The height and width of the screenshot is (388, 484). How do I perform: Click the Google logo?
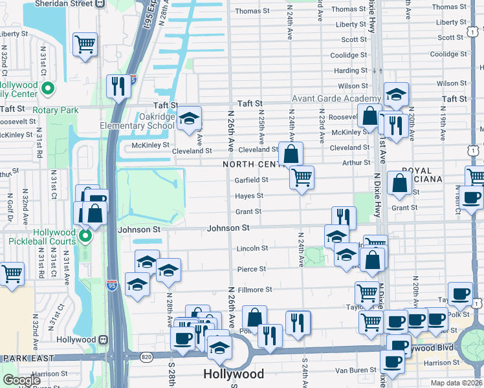click(x=21, y=380)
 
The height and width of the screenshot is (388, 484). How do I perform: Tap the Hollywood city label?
click(x=234, y=374)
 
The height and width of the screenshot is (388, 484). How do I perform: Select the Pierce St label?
click(x=252, y=269)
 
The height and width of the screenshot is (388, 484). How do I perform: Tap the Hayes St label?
click(x=249, y=196)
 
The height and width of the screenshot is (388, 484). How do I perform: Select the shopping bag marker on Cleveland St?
click(x=291, y=154)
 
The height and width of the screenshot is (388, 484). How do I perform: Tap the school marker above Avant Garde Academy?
click(x=396, y=94)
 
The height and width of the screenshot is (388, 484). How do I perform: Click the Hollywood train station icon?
click(x=102, y=340)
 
